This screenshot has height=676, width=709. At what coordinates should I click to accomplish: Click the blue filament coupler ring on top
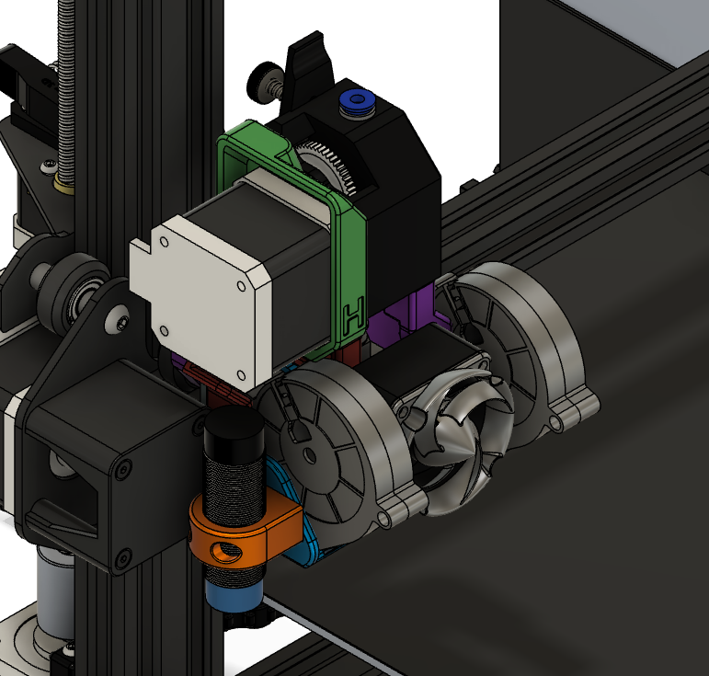356,100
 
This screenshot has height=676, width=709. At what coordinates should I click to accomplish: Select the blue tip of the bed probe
234,594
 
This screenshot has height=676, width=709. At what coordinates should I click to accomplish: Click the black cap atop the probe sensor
234,430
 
